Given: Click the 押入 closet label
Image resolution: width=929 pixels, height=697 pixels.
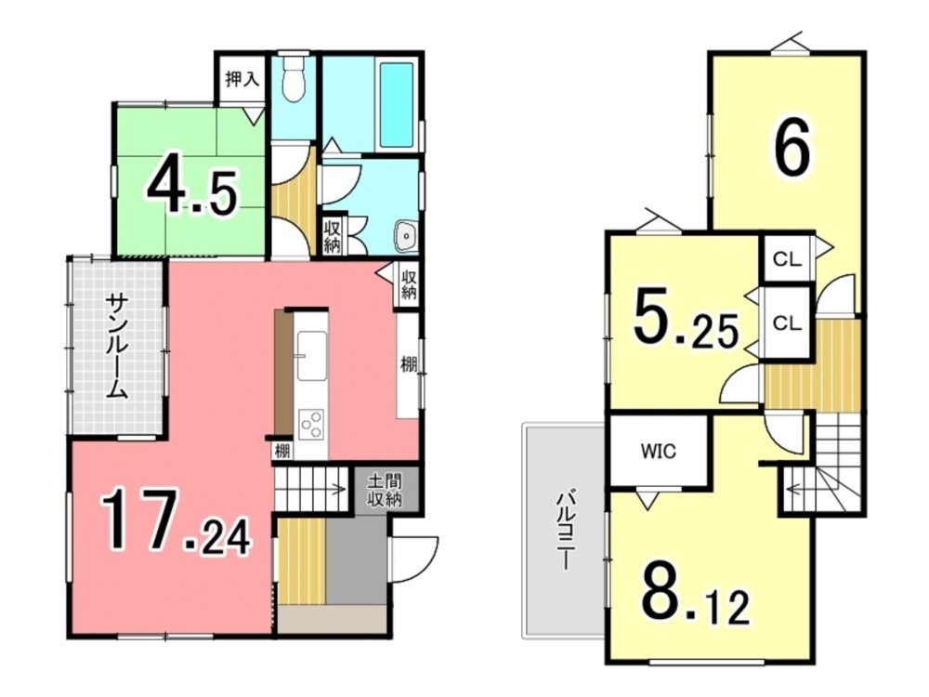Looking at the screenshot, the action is [x=242, y=80].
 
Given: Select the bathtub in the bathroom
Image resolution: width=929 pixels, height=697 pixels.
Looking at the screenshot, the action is [x=397, y=105].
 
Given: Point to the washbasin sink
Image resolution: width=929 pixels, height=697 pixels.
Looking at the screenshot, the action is [x=407, y=236].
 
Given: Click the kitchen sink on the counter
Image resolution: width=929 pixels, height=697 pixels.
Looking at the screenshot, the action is [x=311, y=356].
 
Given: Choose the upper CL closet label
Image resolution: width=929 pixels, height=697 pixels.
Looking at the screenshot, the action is [x=787, y=259].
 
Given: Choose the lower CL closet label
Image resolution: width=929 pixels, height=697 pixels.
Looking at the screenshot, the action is [x=787, y=323].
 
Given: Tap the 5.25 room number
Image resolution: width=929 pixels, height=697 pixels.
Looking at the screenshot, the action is [x=687, y=321].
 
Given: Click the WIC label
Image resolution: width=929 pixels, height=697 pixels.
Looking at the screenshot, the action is [x=659, y=452].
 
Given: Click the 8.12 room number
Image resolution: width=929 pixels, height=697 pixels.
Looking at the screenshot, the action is [x=696, y=594].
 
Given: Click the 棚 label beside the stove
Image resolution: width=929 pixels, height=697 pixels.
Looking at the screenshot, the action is [x=282, y=451].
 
